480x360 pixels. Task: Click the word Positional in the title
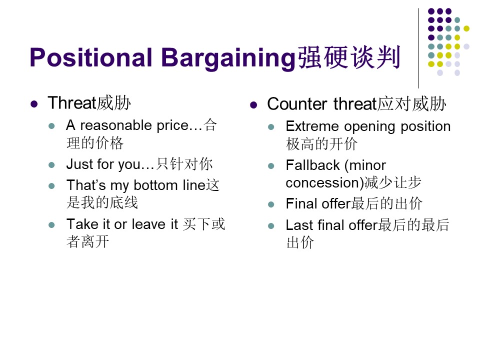click(91, 57)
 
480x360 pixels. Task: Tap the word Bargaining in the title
click(228, 58)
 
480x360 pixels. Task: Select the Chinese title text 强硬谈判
click(349, 57)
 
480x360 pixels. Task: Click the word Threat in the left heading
click(72, 102)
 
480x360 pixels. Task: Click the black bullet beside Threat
click(34, 104)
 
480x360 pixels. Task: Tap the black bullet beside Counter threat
click(253, 105)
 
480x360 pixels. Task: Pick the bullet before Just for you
click(51, 165)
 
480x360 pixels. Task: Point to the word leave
click(148, 224)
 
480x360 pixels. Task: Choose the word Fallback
click(312, 165)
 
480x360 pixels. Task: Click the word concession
click(322, 183)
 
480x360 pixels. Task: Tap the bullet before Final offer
click(271, 204)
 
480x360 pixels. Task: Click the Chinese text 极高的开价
click(321, 144)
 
